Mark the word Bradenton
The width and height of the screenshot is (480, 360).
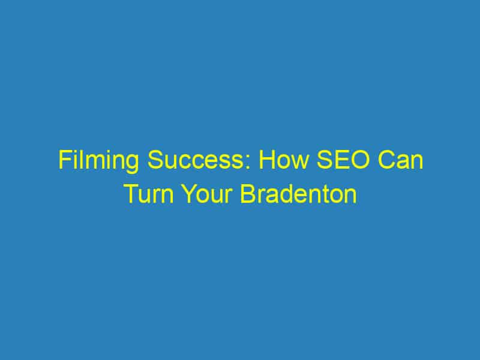(x=299, y=195)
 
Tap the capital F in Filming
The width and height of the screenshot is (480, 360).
(x=64, y=163)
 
